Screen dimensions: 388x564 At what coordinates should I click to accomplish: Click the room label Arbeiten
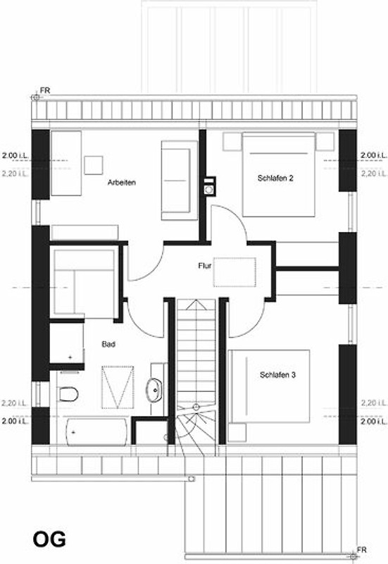pyautogui.click(x=122, y=183)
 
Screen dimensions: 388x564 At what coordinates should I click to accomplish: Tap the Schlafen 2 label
pyautogui.click(x=275, y=178)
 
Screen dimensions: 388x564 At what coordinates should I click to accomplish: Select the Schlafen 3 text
pyautogui.click(x=277, y=375)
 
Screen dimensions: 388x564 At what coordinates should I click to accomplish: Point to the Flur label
pyautogui.click(x=204, y=266)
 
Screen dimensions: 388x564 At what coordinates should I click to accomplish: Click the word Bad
pyautogui.click(x=108, y=344)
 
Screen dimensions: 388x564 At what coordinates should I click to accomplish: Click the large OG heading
pyautogui.click(x=49, y=539)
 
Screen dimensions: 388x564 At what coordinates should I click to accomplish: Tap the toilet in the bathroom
pyautogui.click(x=68, y=394)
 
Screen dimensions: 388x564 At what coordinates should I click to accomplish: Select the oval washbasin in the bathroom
pyautogui.click(x=154, y=389)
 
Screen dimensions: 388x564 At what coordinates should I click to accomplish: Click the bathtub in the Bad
pyautogui.click(x=96, y=431)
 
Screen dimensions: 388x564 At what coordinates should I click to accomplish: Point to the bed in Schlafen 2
pyautogui.click(x=279, y=174)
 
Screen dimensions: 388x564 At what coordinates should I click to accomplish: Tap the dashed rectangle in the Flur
pyautogui.click(x=234, y=272)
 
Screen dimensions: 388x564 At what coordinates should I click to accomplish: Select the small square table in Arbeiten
pyautogui.click(x=94, y=165)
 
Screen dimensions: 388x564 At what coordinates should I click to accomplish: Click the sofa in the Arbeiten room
pyautogui.click(x=180, y=180)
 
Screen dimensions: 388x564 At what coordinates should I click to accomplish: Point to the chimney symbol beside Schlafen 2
pyautogui.click(x=209, y=186)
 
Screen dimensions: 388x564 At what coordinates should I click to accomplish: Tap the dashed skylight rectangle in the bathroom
pyautogui.click(x=118, y=387)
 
